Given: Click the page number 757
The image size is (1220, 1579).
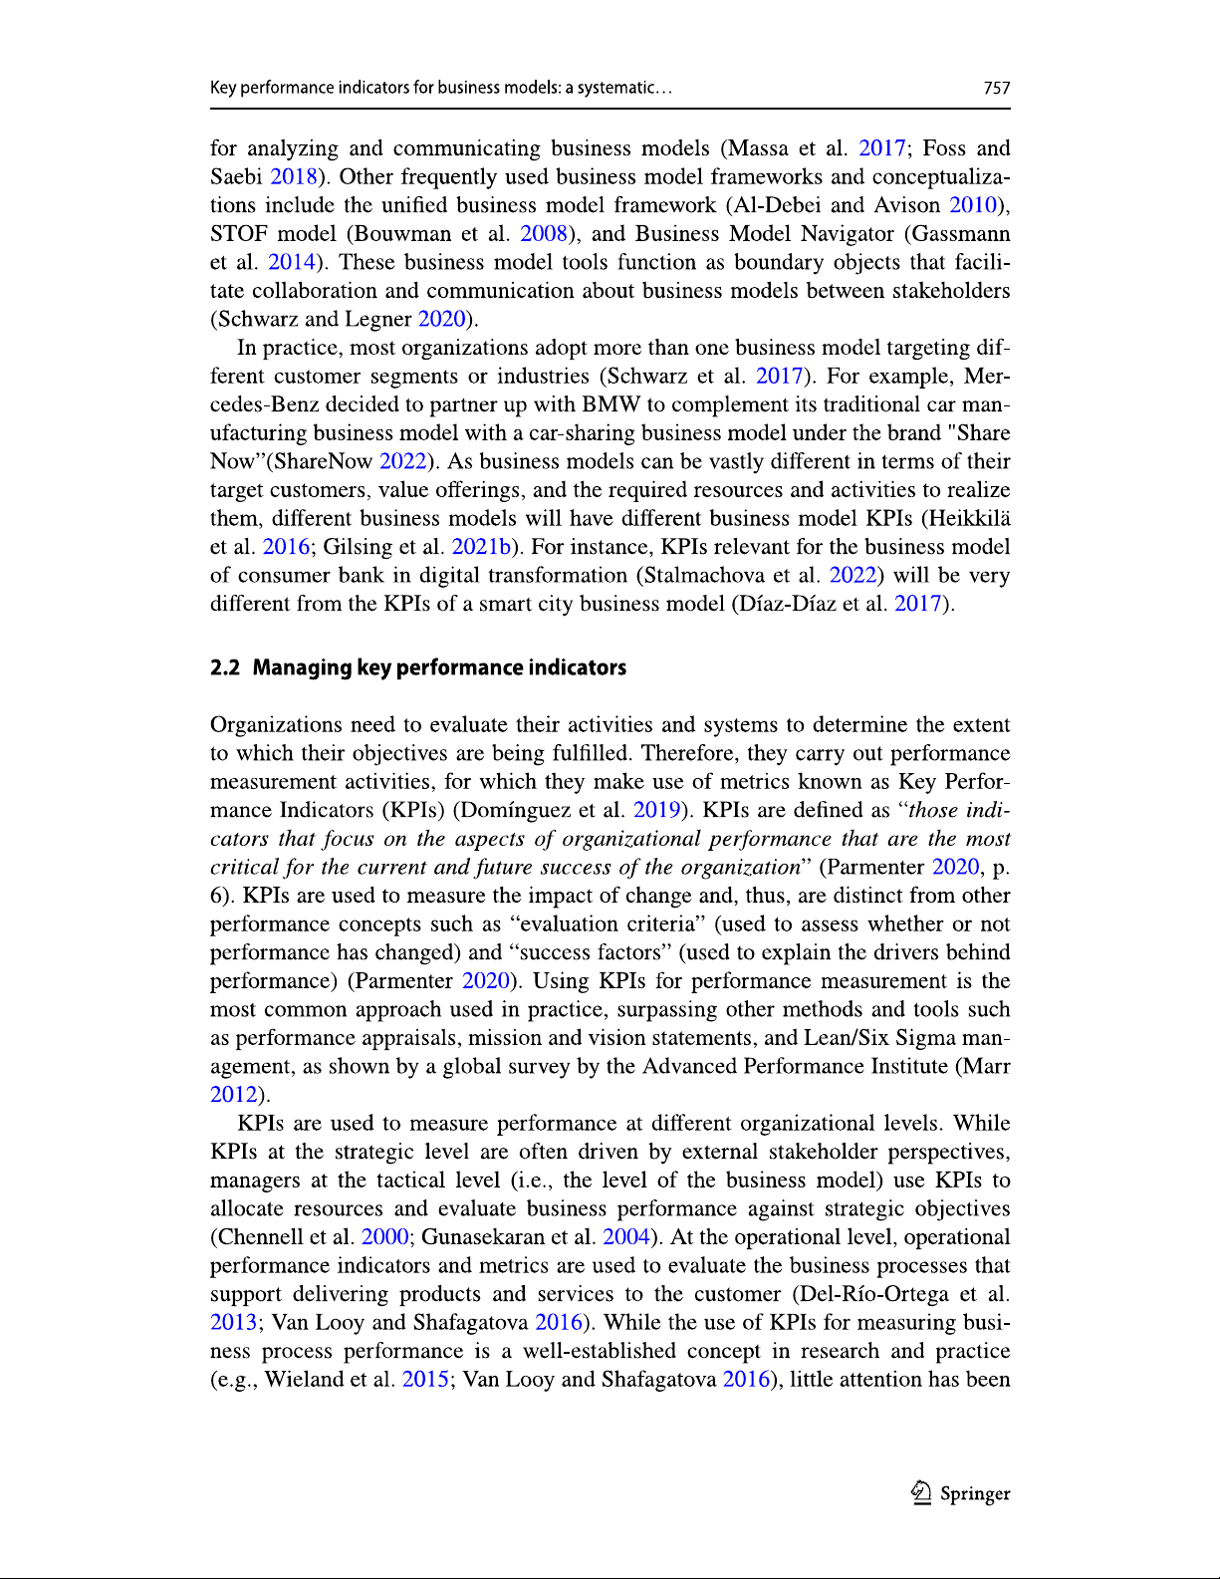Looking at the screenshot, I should pos(996,88).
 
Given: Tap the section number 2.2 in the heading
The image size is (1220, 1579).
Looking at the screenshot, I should pos(225,667).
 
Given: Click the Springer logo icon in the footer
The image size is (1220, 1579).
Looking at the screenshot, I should pos(921,1492).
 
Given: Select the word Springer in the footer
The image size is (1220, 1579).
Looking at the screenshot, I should pos(975,1493).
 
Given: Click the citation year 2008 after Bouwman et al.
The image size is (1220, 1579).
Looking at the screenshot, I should pos(544,234).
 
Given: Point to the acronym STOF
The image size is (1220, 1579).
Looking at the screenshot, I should pos(238,234).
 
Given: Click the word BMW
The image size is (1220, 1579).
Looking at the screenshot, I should pos(610,404).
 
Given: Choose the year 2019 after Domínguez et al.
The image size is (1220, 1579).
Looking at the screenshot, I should pos(656,810).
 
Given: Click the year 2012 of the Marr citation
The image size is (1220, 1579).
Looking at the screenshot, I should pos(234,1094).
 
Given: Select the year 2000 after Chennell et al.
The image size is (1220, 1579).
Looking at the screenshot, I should pos(384,1237).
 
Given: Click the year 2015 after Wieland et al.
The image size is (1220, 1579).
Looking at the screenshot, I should pos(425,1380).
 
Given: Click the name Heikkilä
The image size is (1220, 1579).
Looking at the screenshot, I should pos(966,518).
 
